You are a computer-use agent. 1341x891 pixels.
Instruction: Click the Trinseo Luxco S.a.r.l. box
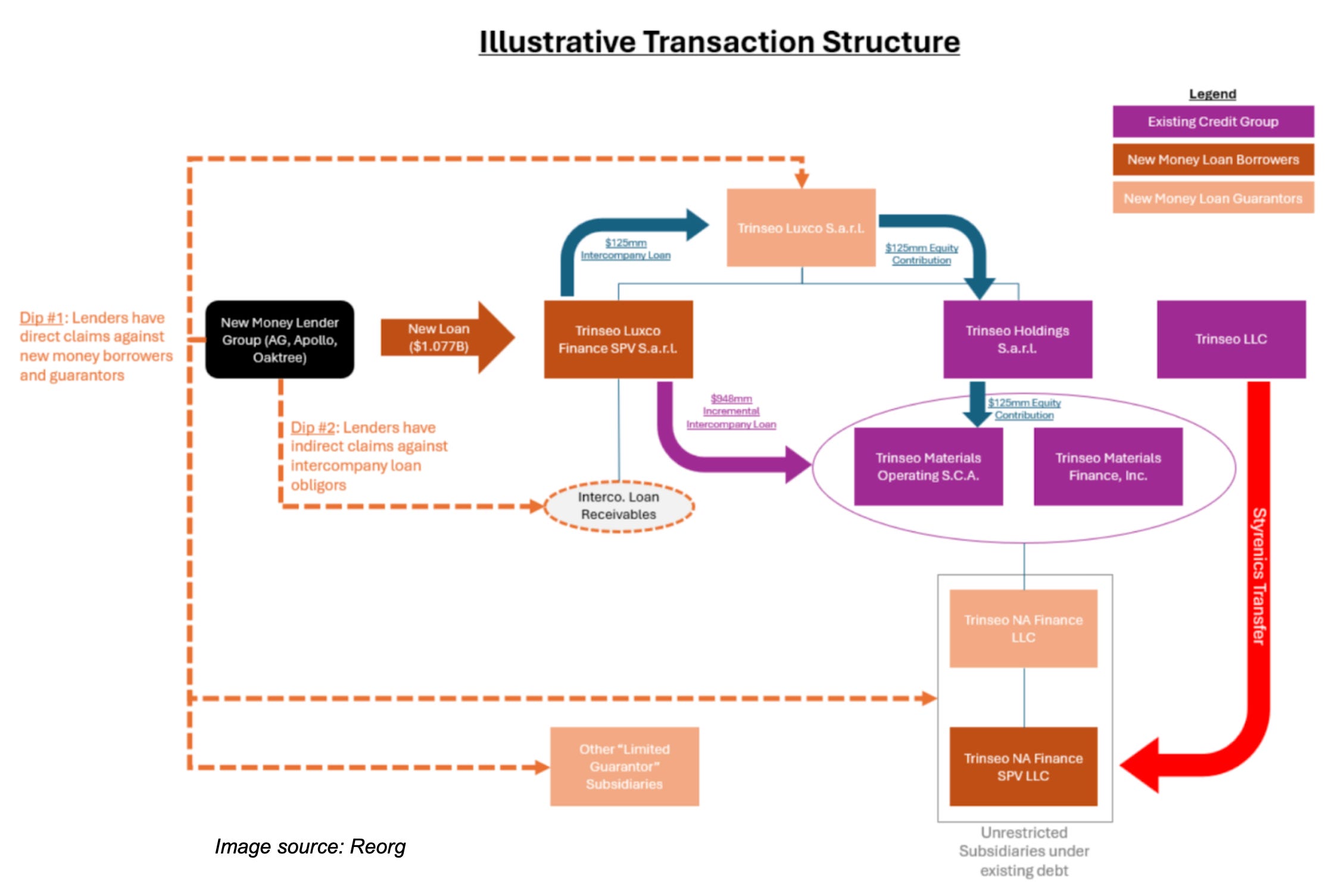click(801, 228)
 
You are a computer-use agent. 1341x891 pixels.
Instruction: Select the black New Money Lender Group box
click(280, 339)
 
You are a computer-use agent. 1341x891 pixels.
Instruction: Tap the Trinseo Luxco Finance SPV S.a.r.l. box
click(618, 339)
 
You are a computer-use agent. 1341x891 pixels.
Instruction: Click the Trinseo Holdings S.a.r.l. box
click(1018, 339)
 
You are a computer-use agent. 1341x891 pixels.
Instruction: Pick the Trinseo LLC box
click(1231, 339)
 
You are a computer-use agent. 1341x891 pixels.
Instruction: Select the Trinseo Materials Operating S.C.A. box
click(928, 466)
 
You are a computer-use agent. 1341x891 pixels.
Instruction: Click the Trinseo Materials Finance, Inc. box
click(1108, 466)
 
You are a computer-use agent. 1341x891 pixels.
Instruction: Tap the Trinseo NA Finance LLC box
click(1024, 628)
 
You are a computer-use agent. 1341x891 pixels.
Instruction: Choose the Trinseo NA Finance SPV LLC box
click(1024, 767)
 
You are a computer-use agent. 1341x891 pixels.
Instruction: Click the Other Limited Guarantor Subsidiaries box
click(625, 767)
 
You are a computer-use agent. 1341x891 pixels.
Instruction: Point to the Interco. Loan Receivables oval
click(619, 506)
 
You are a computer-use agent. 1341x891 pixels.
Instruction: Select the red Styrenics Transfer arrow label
click(1258, 576)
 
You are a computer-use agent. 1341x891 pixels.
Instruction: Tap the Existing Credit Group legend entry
click(1214, 121)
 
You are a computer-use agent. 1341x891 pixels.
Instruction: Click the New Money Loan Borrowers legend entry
click(1214, 160)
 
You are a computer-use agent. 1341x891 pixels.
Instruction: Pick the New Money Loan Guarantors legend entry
click(1214, 198)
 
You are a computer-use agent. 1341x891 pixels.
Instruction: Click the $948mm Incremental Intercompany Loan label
click(731, 412)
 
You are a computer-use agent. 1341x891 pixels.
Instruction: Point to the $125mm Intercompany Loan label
click(626, 249)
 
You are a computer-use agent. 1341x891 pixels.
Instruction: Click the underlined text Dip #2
click(313, 428)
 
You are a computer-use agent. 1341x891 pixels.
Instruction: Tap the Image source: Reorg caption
click(310, 846)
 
